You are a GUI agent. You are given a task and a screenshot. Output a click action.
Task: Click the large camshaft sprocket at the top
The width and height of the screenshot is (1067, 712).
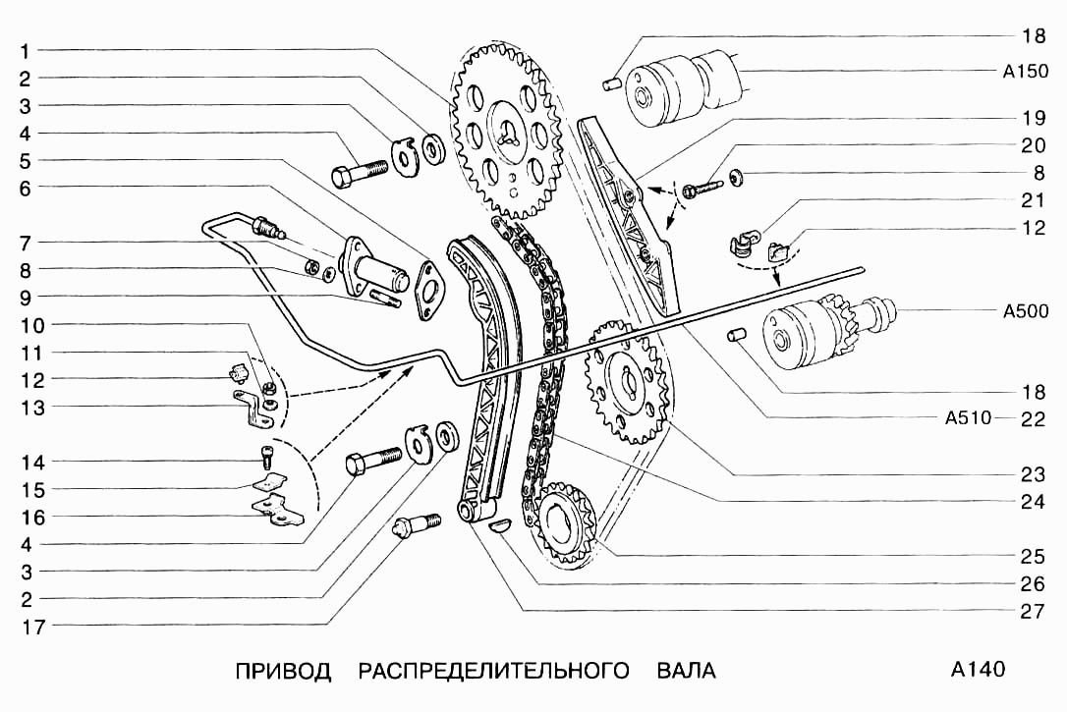point(507,132)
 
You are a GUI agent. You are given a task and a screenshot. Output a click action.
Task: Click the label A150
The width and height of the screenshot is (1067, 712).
point(1025,72)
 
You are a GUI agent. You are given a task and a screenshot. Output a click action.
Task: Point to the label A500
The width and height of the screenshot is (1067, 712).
point(1025,312)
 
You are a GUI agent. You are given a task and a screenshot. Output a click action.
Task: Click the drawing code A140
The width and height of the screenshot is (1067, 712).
point(978,670)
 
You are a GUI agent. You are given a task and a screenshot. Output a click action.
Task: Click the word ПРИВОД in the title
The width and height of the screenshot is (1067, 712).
point(283,671)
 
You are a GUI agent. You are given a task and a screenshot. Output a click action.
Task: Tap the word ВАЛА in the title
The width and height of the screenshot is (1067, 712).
point(686,671)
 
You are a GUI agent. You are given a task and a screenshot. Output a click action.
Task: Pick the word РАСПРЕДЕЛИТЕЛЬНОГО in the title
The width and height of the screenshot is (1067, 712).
point(493,671)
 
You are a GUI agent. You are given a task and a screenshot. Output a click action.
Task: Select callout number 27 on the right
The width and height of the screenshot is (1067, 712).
point(1032,610)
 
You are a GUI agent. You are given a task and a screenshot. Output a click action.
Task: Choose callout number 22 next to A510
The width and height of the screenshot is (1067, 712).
point(1032,419)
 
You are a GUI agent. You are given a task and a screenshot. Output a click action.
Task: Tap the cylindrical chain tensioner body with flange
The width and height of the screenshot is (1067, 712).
point(372,262)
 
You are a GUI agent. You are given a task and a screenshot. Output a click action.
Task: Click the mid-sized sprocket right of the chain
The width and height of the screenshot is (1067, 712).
point(626,378)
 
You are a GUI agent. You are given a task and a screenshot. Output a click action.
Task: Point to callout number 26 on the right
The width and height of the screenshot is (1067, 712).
point(1032,582)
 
